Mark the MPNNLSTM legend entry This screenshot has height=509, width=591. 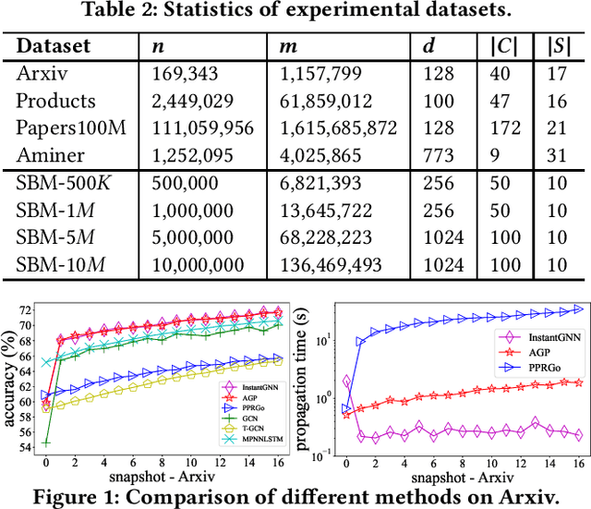point(247,441)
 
